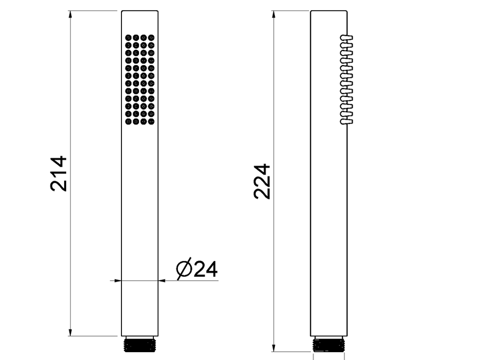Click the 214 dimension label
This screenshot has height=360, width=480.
pyautogui.click(x=58, y=173)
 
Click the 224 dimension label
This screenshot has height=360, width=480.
pyautogui.click(x=263, y=182)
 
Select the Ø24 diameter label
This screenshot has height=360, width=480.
pyautogui.click(x=197, y=269)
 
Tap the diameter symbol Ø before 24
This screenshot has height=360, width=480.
pyautogui.click(x=184, y=269)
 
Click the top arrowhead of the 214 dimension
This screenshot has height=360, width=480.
pyautogui.click(x=71, y=14)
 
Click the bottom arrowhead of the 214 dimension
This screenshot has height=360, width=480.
pyautogui.click(x=71, y=333)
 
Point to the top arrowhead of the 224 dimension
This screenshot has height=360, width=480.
pyautogui.click(x=274, y=14)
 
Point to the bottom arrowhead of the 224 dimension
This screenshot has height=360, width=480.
pyautogui.click(x=274, y=348)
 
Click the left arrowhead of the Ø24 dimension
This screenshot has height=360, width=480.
pyautogui.click(x=118, y=280)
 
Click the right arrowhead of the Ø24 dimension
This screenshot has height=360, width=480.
pyautogui.click(x=162, y=280)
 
